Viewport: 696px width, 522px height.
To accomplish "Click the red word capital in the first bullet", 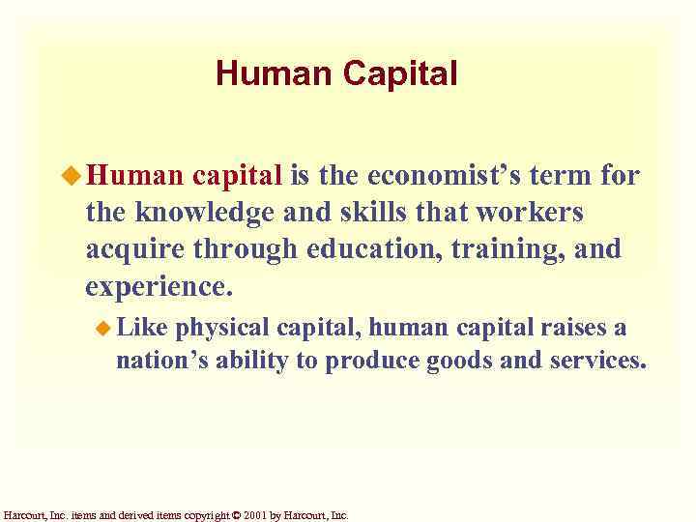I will click(237, 177).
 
